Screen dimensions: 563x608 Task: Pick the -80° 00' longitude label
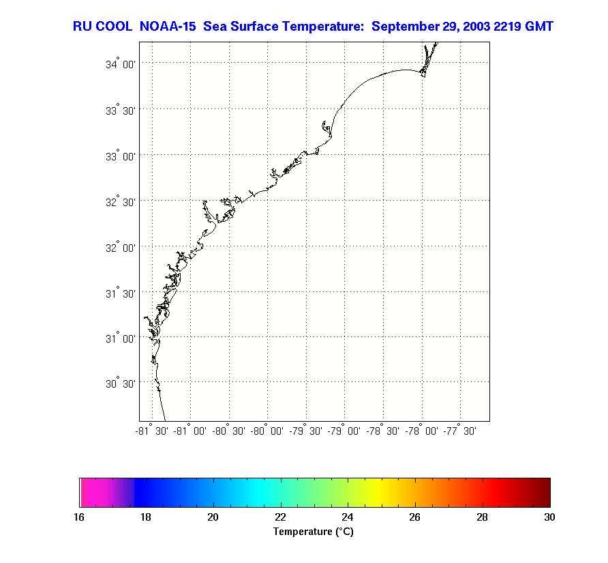pyautogui.click(x=268, y=431)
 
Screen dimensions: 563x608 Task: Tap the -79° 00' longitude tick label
pyautogui.click(x=345, y=431)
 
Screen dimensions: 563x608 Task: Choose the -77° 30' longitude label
pyautogui.click(x=460, y=431)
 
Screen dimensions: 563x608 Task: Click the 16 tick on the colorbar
pyautogui.click(x=79, y=517)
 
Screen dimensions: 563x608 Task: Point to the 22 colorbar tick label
pyautogui.click(x=281, y=517)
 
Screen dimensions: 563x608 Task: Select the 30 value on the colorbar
pyautogui.click(x=549, y=517)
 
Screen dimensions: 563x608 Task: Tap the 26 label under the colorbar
pyautogui.click(x=415, y=517)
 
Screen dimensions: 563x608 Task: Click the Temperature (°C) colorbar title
pyautogui.click(x=314, y=532)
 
